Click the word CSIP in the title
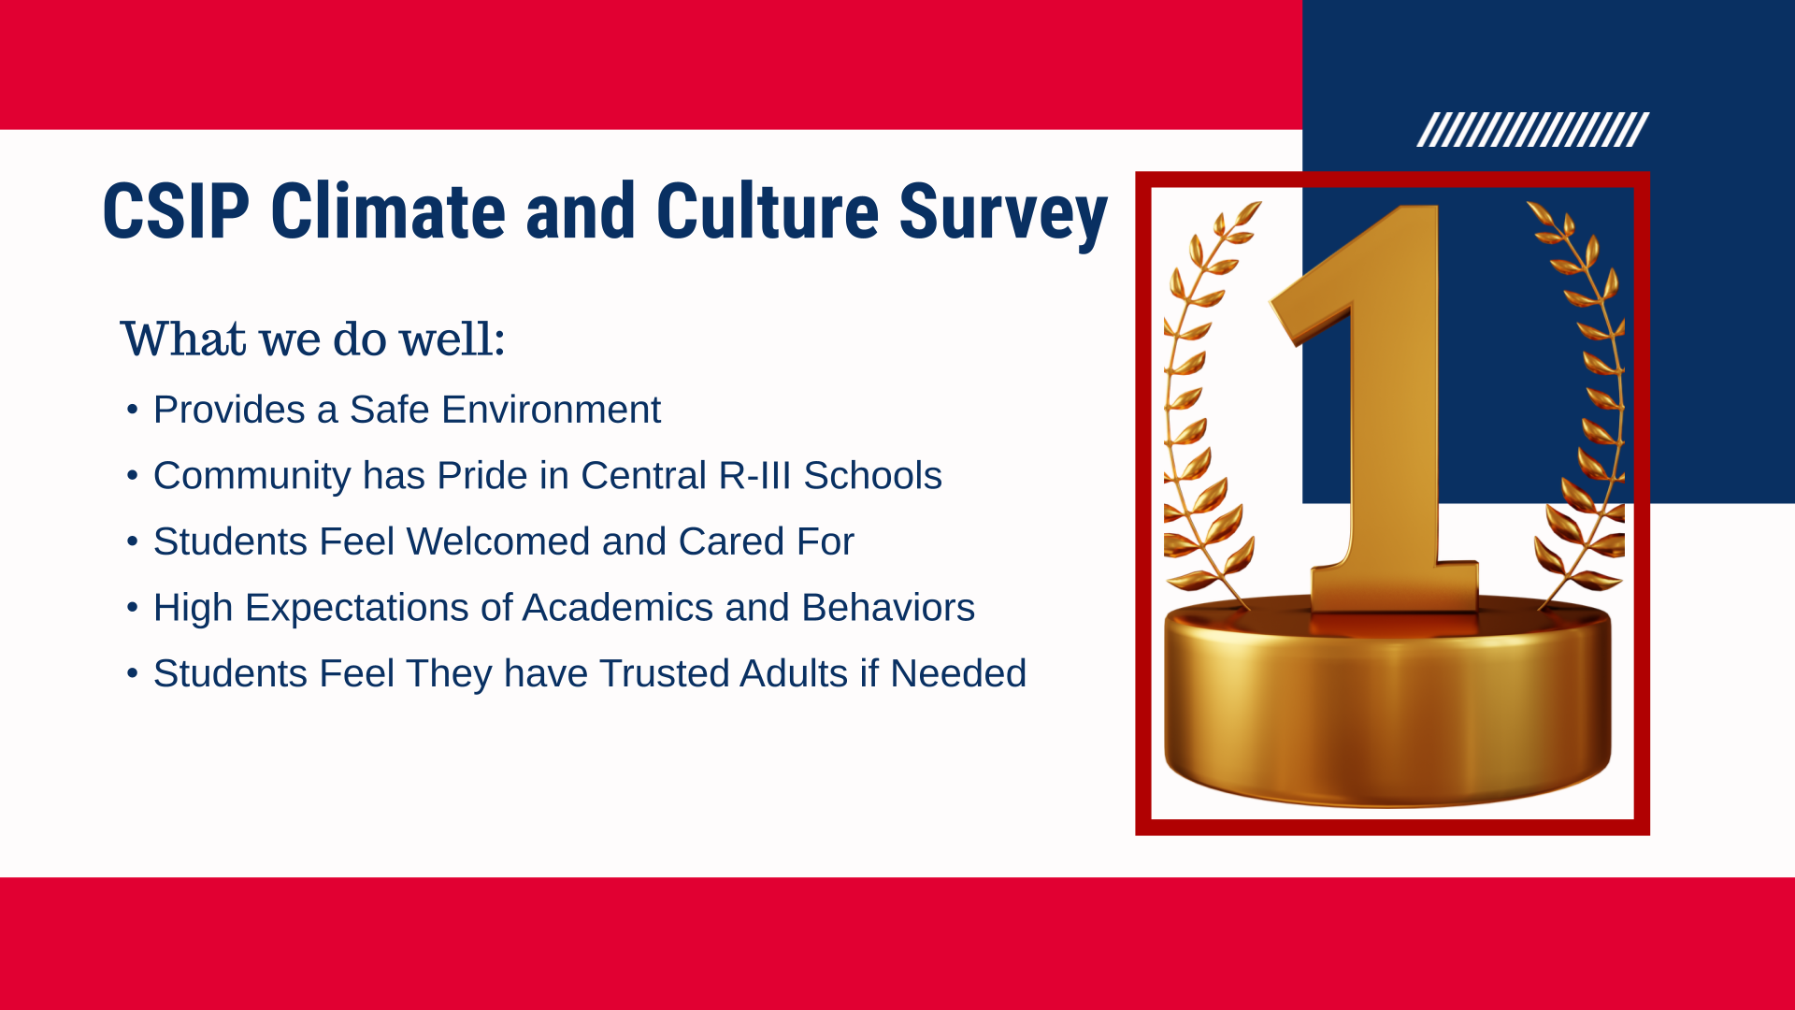177,211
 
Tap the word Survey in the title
1003,216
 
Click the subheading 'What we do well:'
312,339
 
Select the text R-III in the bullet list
755,475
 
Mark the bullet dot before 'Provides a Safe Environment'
133,410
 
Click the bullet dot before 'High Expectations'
133,608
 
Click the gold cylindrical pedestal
1388,701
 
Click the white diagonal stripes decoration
1533,130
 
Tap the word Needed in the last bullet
958,673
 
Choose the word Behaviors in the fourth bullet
888,608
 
